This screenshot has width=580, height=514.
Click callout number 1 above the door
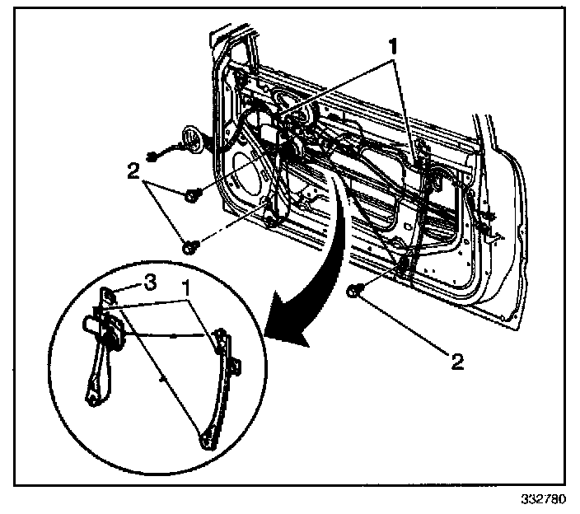point(395,45)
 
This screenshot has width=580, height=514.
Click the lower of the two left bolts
point(189,244)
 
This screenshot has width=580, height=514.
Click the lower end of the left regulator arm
point(92,399)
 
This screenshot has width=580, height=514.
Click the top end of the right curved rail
point(220,334)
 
